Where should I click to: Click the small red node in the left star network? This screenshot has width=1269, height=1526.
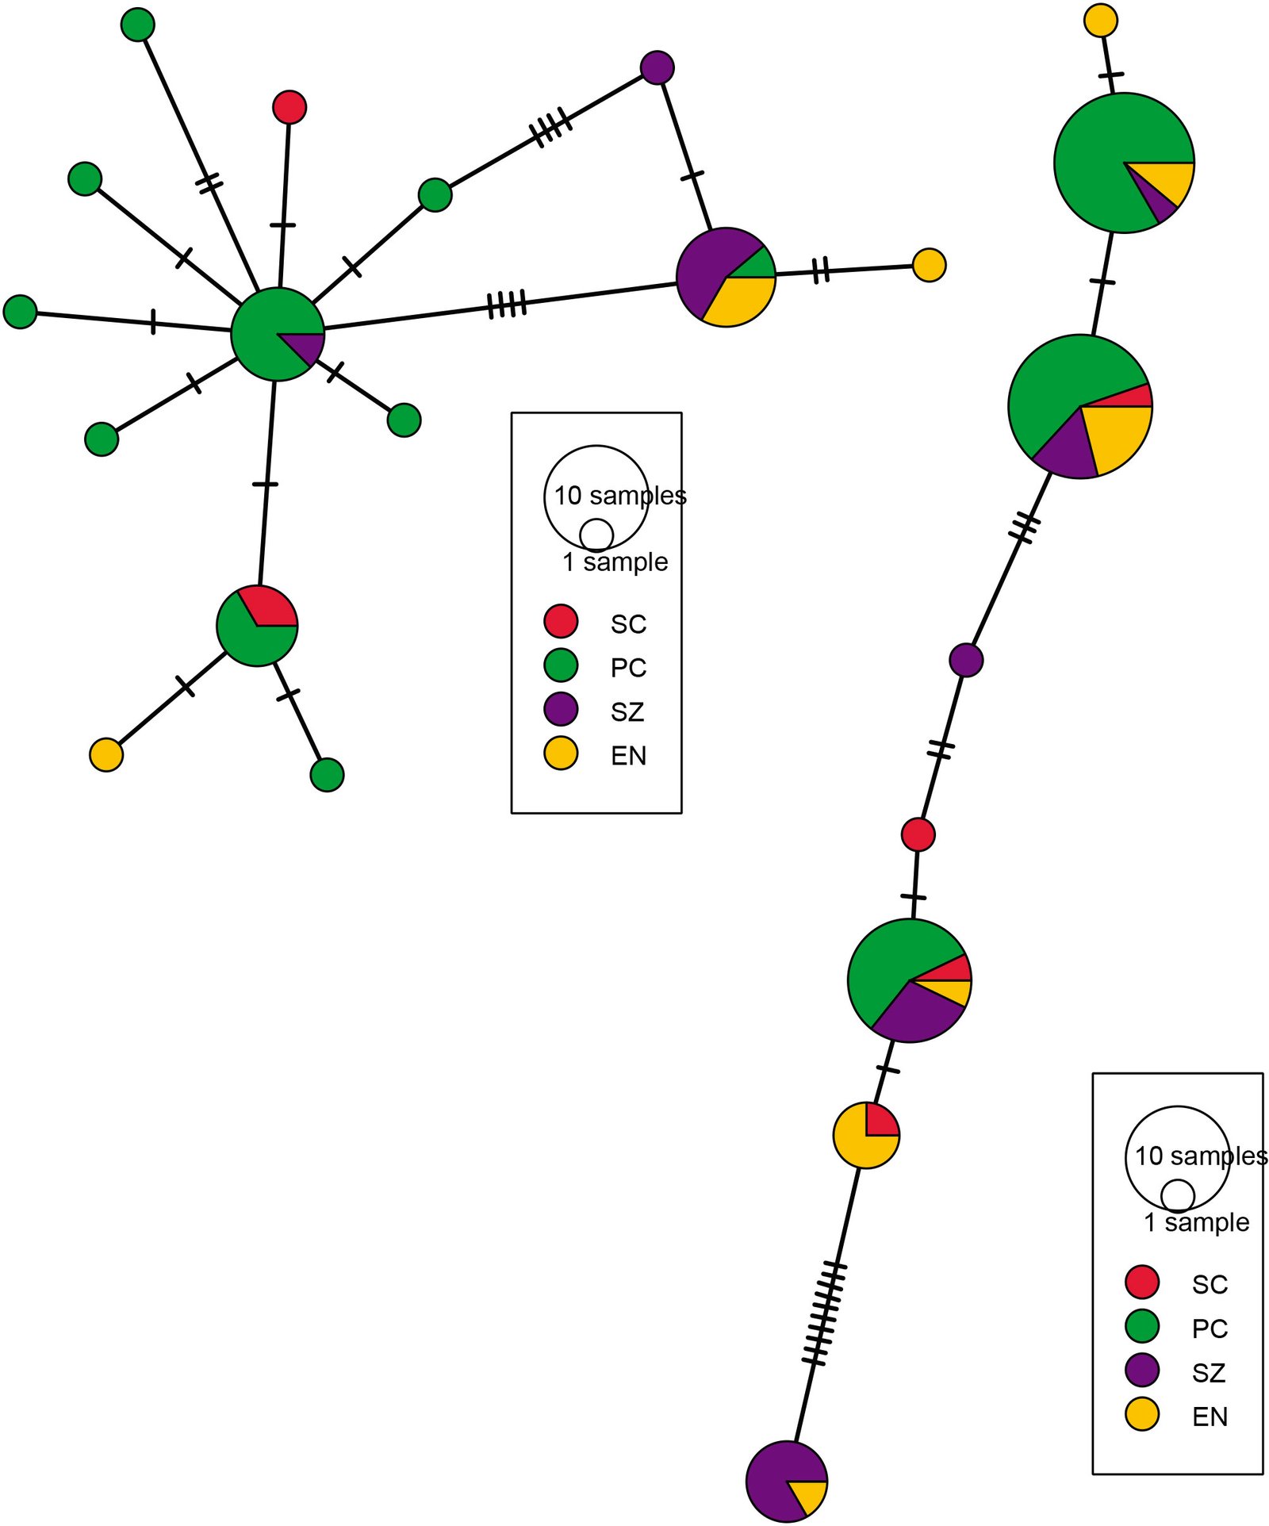(289, 107)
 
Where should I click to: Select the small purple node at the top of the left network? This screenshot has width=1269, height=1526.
(657, 67)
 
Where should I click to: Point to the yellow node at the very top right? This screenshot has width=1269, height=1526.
(1100, 21)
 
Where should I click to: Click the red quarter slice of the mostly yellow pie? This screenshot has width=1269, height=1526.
(880, 1121)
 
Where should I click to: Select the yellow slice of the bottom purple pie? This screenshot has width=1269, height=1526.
(809, 1494)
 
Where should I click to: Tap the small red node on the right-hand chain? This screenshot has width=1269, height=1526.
(918, 834)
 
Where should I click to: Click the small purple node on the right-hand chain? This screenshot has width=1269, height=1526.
(966, 660)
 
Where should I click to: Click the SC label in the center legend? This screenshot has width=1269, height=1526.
(628, 624)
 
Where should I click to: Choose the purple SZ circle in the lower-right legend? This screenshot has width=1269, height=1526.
(1142, 1370)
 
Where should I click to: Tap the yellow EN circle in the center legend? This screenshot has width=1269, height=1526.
(561, 753)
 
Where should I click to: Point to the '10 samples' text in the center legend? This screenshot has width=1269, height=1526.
(619, 496)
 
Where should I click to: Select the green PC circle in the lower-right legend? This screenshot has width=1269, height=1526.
(1142, 1325)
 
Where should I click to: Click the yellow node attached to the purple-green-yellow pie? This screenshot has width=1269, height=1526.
(929, 265)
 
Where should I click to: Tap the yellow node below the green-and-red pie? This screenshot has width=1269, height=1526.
(106, 754)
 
